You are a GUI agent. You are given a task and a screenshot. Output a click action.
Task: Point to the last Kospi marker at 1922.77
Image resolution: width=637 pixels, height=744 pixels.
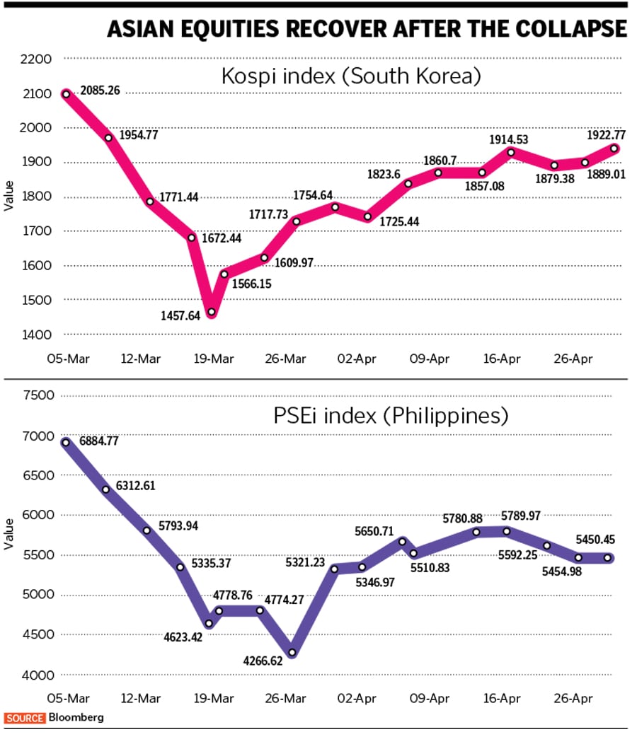tap(614, 149)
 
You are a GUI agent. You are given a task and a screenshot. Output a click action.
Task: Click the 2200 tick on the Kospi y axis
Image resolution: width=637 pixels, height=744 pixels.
tap(37, 59)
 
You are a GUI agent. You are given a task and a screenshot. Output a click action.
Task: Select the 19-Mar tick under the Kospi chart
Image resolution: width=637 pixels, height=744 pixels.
tap(214, 359)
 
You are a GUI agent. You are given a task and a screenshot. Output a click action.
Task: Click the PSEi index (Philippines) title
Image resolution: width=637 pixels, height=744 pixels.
tap(390, 416)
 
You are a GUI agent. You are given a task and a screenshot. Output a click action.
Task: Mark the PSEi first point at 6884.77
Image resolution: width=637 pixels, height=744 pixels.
tap(66, 442)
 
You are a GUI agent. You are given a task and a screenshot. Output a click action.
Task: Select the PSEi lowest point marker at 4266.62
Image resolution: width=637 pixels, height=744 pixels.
tap(292, 653)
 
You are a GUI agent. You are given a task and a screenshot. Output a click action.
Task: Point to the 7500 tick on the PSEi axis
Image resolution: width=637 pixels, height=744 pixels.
tap(37, 395)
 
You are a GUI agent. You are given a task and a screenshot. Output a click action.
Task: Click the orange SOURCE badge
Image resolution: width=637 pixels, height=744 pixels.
tap(25, 717)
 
